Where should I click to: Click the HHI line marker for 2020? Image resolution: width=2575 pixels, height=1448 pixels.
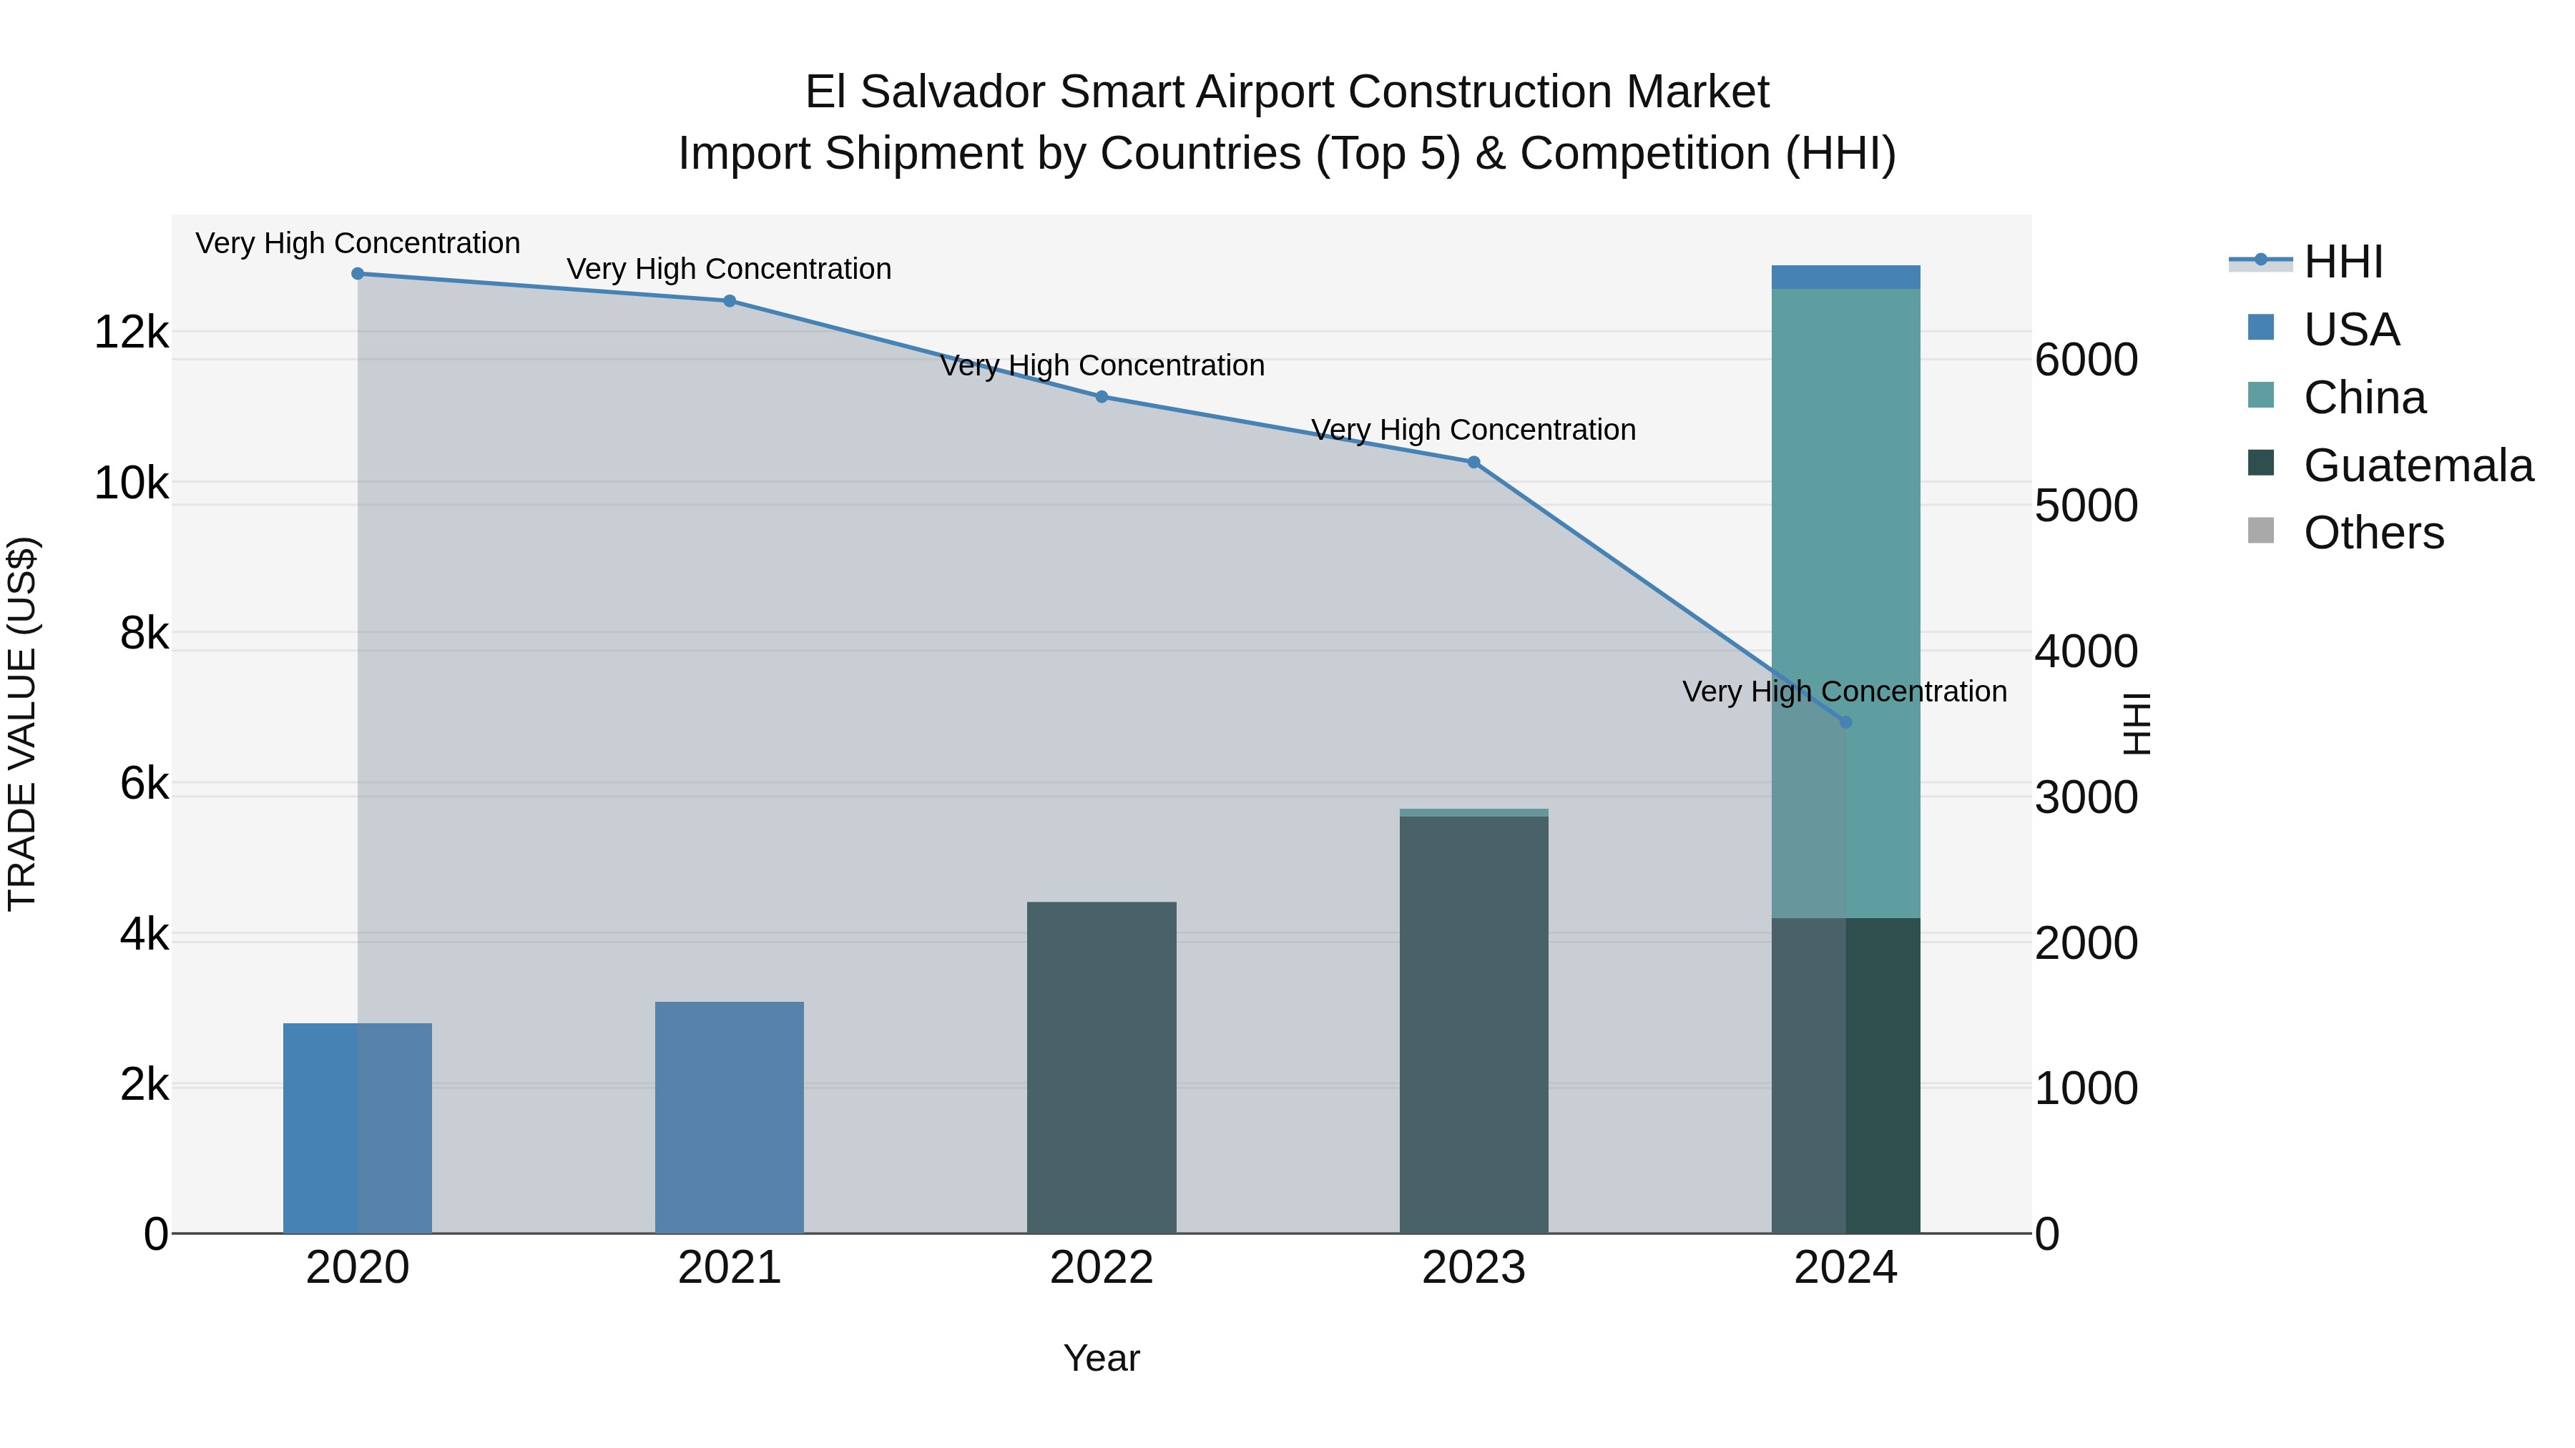[357, 274]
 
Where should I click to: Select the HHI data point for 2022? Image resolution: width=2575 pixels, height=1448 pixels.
[1102, 397]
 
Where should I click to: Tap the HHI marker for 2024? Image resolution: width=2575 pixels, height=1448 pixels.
[1845, 721]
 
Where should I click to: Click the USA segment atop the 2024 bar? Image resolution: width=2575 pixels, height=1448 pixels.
[1845, 277]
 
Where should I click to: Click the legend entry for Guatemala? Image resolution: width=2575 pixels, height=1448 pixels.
[2417, 466]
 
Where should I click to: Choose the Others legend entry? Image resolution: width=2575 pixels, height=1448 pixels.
[2373, 533]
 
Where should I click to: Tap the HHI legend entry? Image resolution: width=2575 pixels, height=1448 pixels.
[2343, 262]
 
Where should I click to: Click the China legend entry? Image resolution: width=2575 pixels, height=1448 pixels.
[2364, 398]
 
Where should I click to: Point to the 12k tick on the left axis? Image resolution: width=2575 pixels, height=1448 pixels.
[131, 332]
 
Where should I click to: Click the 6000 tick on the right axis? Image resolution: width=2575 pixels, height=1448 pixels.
[2086, 360]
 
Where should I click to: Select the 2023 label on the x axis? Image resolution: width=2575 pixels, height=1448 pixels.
[1473, 1268]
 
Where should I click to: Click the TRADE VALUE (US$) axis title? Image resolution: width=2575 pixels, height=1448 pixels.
[22, 724]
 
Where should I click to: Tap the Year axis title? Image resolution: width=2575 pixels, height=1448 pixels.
[1102, 1358]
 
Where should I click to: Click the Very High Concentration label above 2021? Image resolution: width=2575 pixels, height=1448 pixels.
[729, 269]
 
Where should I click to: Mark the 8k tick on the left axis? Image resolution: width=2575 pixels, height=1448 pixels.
[144, 633]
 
